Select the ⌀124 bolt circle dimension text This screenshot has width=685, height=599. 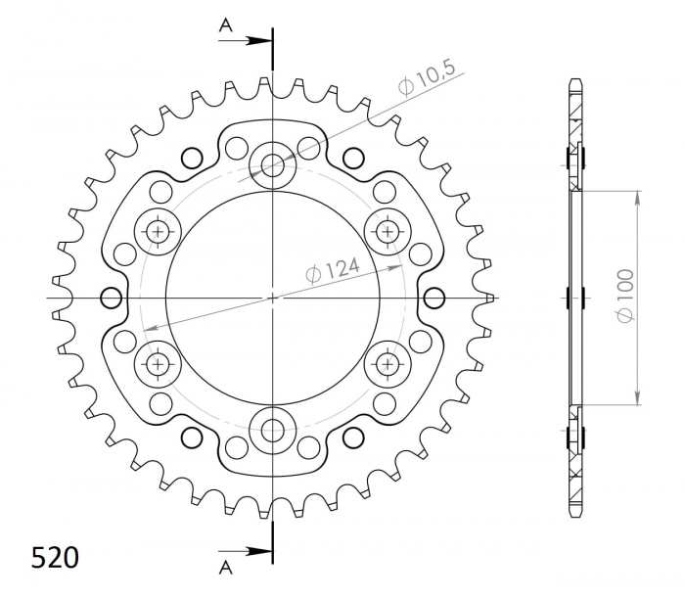pos(333,271)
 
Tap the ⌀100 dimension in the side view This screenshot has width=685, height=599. pos(625,296)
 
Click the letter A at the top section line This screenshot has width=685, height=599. pos(225,26)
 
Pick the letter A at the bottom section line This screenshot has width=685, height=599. pos(225,567)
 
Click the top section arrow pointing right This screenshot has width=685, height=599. pos(245,41)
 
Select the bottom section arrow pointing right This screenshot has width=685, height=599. pos(245,551)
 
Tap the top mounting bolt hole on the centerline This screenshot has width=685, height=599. pos(273,165)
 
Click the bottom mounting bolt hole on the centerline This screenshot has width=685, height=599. pos(273,431)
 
